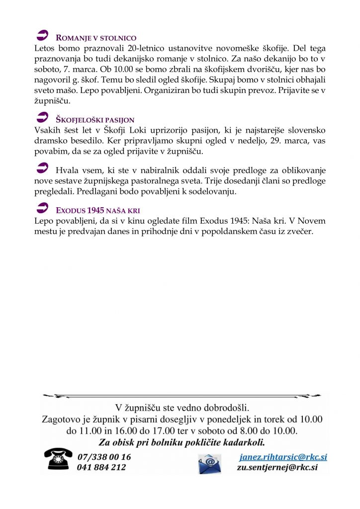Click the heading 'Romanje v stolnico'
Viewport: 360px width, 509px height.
(96, 38)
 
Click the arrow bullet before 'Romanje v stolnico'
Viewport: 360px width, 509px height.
(43, 36)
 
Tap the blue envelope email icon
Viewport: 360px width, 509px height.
(209, 463)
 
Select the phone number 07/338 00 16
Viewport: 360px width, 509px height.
(104, 457)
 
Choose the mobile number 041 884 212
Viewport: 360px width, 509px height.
(101, 467)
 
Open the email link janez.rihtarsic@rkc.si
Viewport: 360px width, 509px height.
(283, 457)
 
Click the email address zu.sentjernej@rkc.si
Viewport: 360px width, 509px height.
(277, 467)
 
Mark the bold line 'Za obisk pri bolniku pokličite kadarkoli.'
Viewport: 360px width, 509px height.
(181, 442)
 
